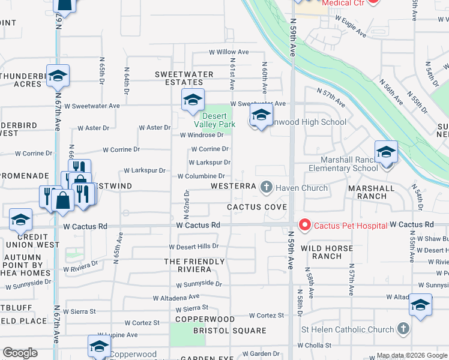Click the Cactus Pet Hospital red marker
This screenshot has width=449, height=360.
pyautogui.click(x=304, y=225)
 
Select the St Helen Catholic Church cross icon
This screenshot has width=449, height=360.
pyautogui.click(x=403, y=329)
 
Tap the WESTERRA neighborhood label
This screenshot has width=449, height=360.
pyautogui.click(x=234, y=186)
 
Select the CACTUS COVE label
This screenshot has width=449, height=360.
pyautogui.click(x=256, y=207)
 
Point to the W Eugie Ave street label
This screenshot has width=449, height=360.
pyautogui.click(x=351, y=27)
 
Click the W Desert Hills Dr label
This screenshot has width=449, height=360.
pyautogui.click(x=194, y=247)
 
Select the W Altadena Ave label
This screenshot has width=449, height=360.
pyautogui.click(x=176, y=297)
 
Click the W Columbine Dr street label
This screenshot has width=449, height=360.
pyautogui.click(x=201, y=176)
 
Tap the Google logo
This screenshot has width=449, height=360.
pyautogui.click(x=20, y=353)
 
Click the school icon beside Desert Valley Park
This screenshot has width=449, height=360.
pyautogui.click(x=193, y=100)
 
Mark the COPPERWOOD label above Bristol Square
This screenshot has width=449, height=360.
pyautogui.click(x=205, y=319)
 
